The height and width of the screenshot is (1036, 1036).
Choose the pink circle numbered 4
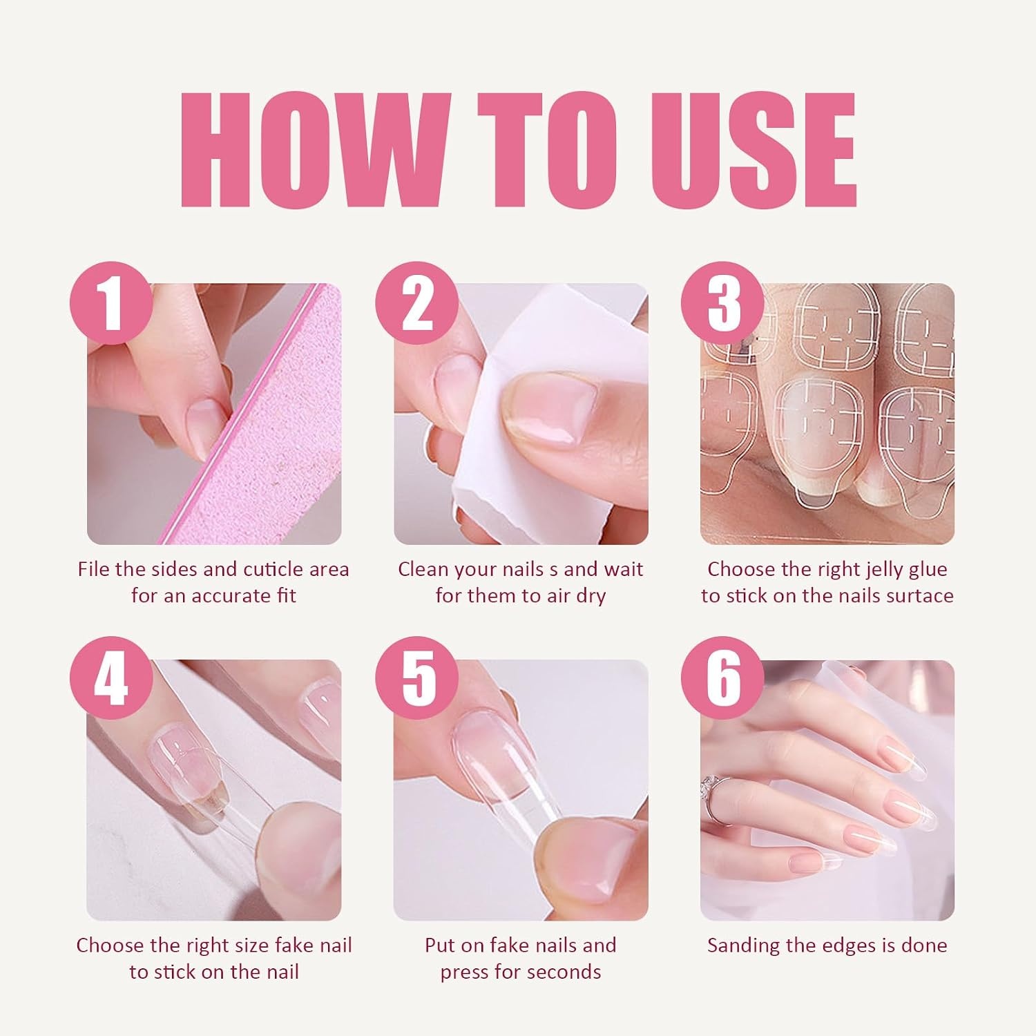pos(111,678)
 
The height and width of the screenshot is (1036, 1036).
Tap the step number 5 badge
pos(417,678)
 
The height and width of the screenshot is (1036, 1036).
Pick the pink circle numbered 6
pos(723,678)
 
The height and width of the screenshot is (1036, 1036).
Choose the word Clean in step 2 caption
pos(422,569)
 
